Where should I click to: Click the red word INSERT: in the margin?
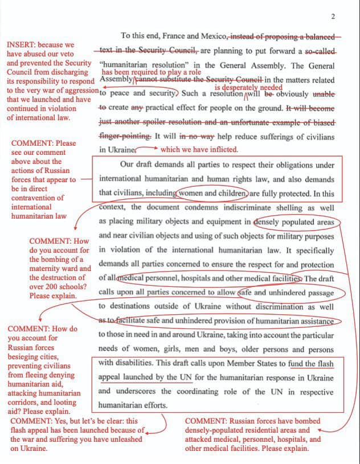pos(23,45)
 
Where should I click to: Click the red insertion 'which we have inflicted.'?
pos(199,150)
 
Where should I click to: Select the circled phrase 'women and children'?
pos(212,192)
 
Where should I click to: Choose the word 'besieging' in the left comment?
pos(25,357)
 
